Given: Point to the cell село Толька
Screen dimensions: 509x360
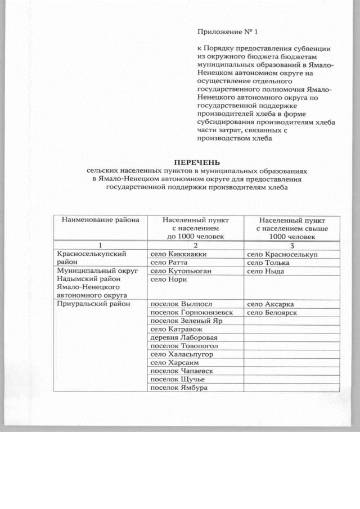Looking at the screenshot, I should (268, 263).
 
